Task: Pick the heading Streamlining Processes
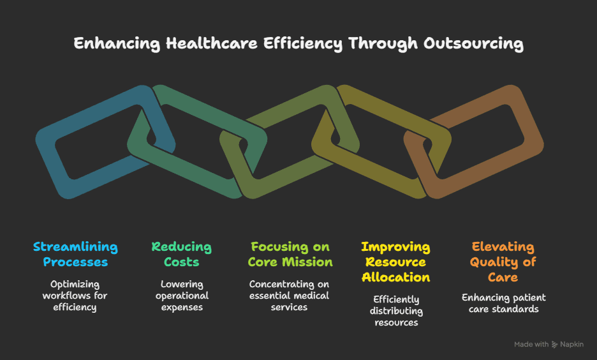75,254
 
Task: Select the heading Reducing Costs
181,254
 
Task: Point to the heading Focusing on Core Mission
290,254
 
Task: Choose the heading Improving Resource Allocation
395,262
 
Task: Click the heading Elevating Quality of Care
503,262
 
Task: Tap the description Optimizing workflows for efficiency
75,296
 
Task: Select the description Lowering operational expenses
181,296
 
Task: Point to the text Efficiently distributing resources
395,311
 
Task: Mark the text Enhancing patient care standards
503,303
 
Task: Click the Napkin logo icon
554,345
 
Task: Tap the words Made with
531,345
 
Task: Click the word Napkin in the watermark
571,345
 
